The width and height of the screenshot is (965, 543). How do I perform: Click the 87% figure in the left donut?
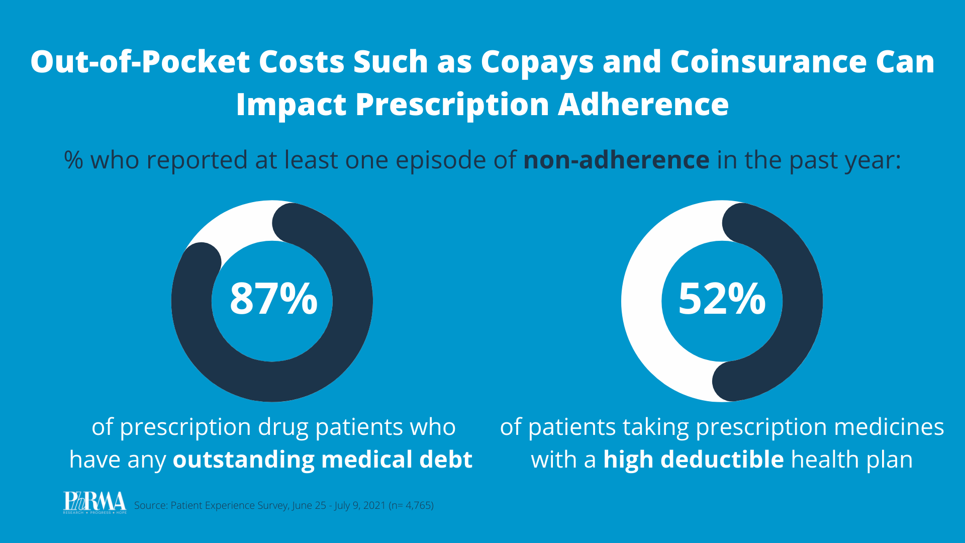click(x=273, y=299)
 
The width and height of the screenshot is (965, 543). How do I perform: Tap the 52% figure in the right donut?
click(x=722, y=299)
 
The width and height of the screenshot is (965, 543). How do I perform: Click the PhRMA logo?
click(x=94, y=502)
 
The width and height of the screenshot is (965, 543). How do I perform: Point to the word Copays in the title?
click(x=537, y=62)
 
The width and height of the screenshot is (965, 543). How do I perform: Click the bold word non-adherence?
click(x=616, y=160)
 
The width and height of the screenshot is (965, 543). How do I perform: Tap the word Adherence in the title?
click(x=643, y=105)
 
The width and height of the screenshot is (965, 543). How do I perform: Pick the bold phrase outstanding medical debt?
click(x=322, y=460)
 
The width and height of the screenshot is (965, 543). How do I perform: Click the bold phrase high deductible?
click(x=693, y=460)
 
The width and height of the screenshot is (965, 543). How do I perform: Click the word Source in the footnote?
click(x=150, y=505)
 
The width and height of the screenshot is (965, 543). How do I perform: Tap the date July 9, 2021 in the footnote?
click(x=360, y=505)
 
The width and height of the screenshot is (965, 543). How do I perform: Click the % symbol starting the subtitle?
click(x=73, y=160)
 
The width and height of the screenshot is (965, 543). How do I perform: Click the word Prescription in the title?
click(x=452, y=105)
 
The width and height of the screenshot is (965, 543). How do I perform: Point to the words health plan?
click(x=852, y=460)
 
